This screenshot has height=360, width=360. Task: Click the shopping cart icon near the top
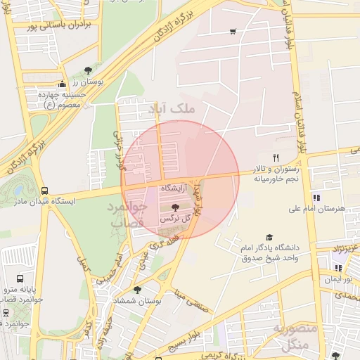tap(233, 32)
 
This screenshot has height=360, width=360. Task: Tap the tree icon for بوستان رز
tap(87, 70)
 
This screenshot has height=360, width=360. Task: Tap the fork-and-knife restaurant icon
tap(276, 158)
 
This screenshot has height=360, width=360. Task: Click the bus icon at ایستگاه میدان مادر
tap(45, 190)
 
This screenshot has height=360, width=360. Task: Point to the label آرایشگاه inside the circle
tap(175, 189)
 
